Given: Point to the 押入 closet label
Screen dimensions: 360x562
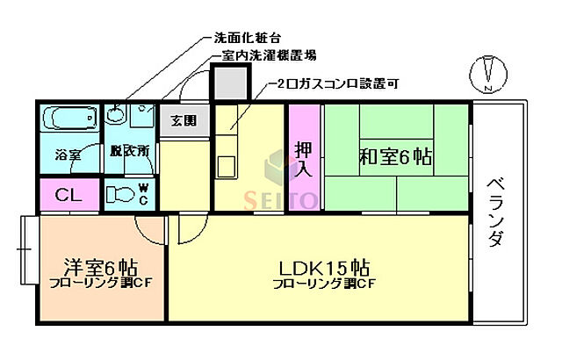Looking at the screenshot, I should pos(304,156).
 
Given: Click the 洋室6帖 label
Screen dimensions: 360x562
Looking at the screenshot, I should pos(97,267).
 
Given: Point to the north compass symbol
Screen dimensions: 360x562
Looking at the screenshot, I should pos(490,71).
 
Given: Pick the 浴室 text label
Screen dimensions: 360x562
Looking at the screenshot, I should pos(68,155).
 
